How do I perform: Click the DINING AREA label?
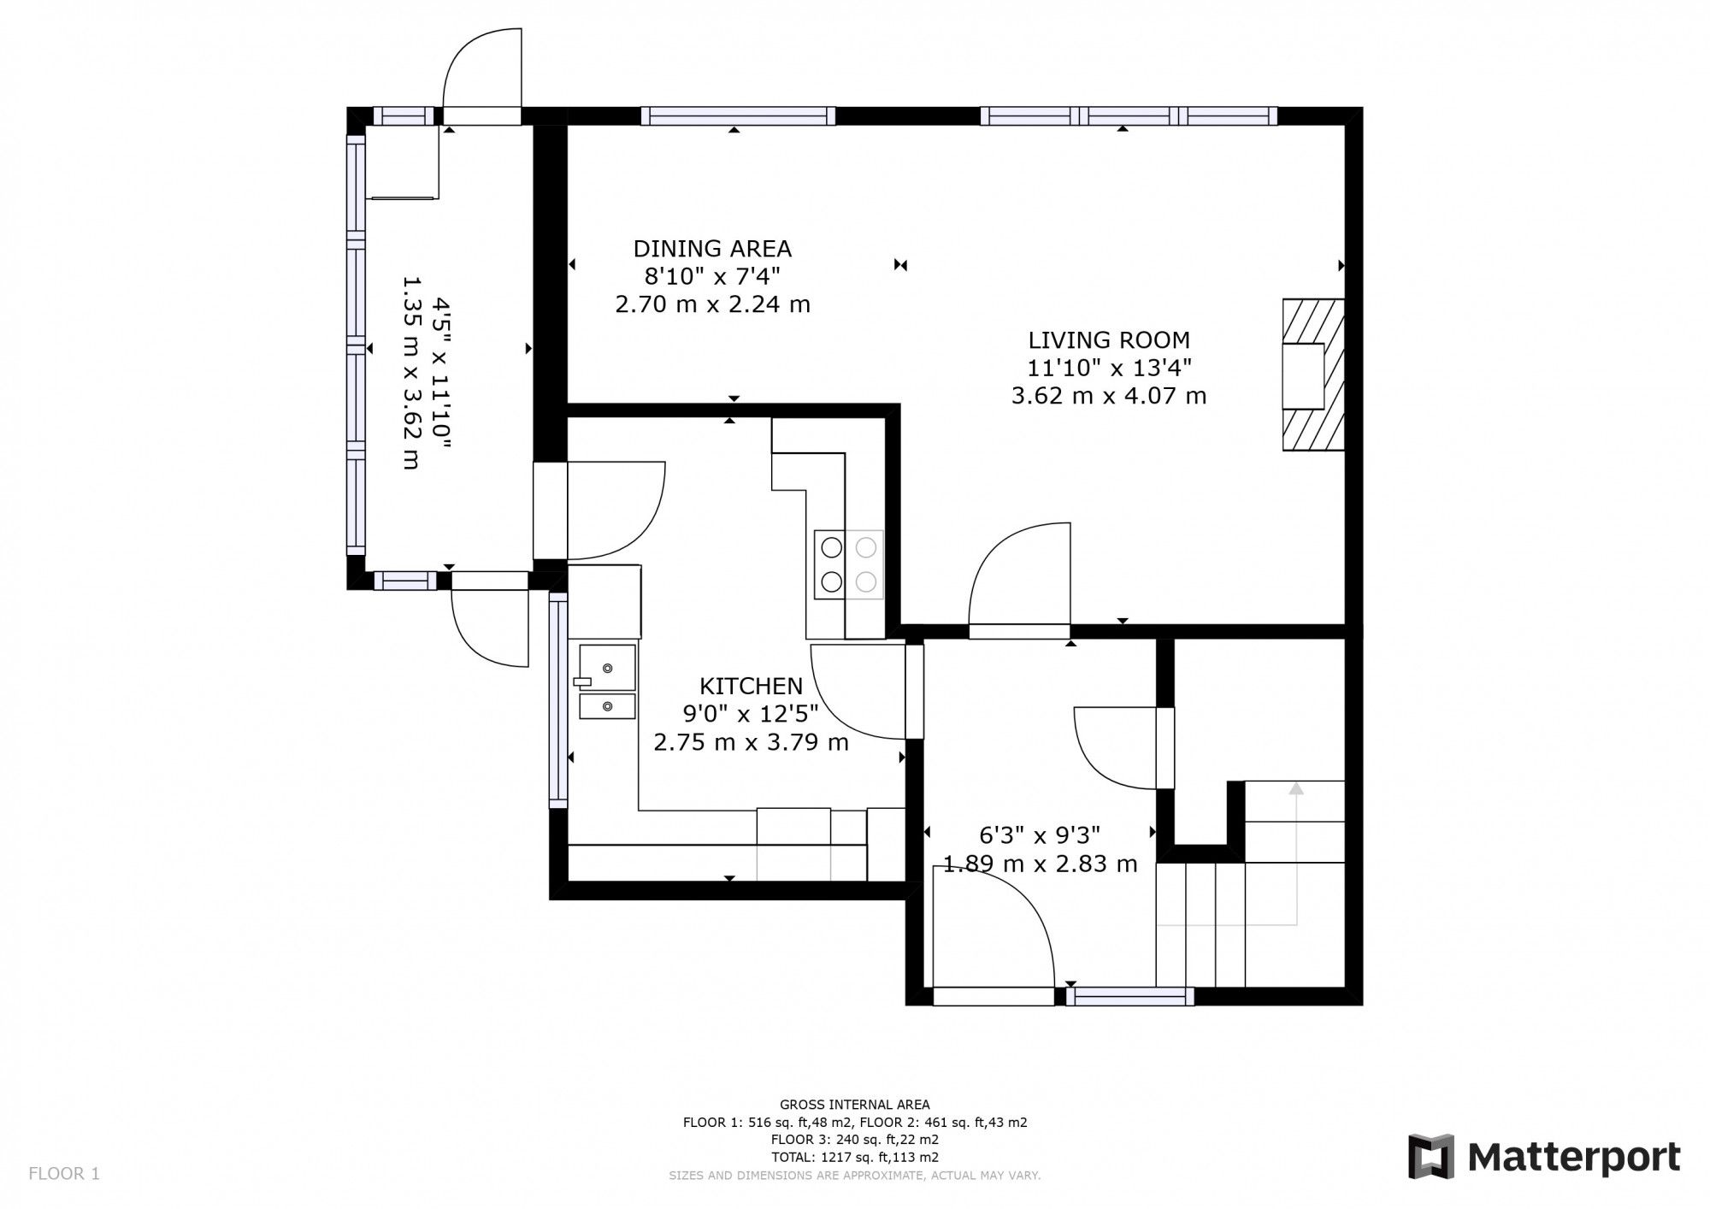[x=712, y=249]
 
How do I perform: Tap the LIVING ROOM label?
[x=1108, y=340]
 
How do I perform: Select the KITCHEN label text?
[x=751, y=686]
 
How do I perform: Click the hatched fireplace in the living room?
[x=1312, y=374]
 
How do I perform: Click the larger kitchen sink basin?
[x=607, y=668]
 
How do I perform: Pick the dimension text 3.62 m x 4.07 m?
[x=1108, y=396]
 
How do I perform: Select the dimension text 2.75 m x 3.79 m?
[x=751, y=742]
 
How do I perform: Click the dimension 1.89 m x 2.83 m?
[x=1040, y=864]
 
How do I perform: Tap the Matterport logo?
[x=1544, y=1158]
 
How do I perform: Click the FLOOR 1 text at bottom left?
[x=64, y=1174]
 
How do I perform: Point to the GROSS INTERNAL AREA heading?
[x=854, y=1105]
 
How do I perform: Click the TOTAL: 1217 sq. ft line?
[x=854, y=1158]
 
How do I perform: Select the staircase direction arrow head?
[x=1296, y=788]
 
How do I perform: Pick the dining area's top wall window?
[x=738, y=116]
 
